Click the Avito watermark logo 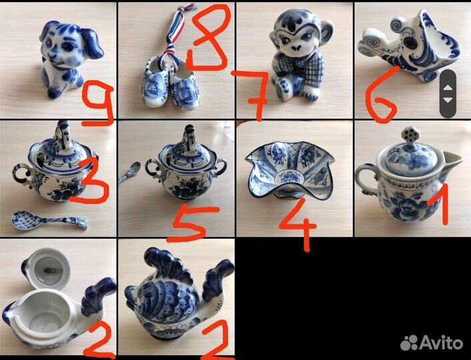click(x=432, y=343)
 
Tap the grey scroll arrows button click(x=448, y=94)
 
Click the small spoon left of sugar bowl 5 click(x=130, y=172)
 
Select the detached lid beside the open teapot click(x=47, y=267)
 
